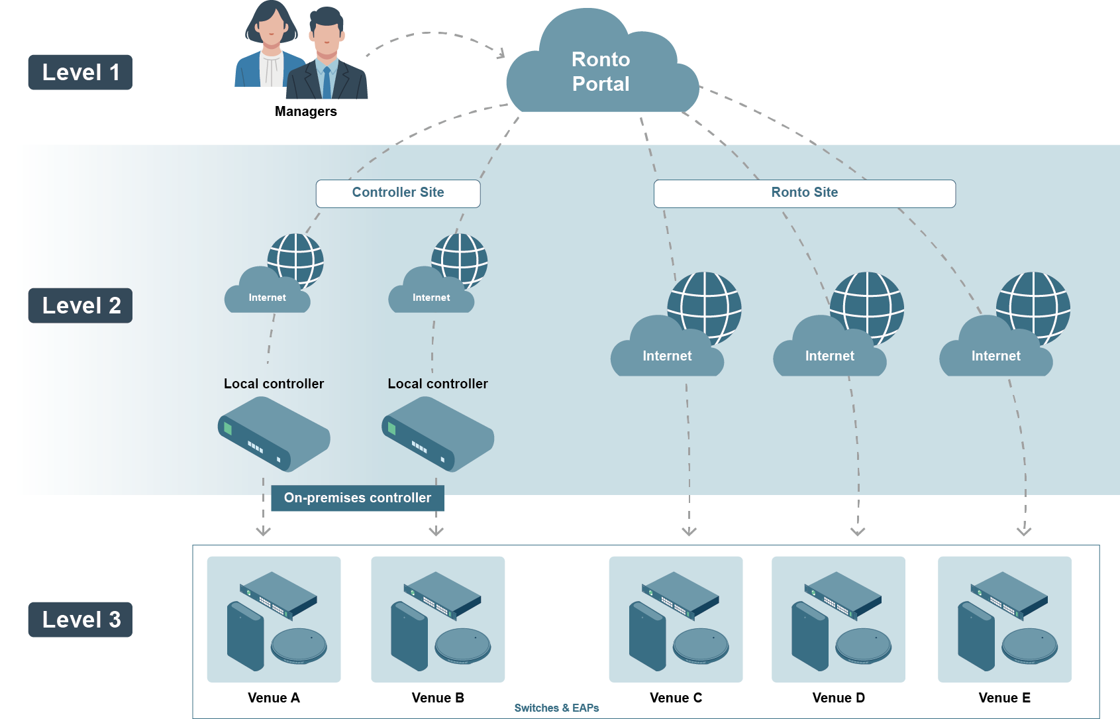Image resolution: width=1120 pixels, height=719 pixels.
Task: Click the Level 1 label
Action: tap(80, 72)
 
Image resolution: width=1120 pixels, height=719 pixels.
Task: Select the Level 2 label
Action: tap(80, 305)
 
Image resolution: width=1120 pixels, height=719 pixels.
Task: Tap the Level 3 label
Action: tap(80, 620)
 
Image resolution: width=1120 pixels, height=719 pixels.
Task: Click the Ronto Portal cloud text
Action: tap(601, 72)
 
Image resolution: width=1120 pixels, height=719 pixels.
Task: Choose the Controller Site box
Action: tap(398, 193)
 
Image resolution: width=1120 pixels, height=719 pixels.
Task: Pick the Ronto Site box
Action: tap(804, 193)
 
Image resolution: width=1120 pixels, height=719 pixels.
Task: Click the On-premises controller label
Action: tap(358, 498)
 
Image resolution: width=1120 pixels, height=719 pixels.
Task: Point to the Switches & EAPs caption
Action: tap(556, 708)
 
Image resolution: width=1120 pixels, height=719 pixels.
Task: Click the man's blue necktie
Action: tap(326, 82)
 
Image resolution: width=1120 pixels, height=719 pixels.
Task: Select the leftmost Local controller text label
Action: tap(274, 384)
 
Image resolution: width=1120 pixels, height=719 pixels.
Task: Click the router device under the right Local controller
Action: tap(438, 434)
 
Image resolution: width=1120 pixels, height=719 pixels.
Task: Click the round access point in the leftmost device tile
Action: tap(299, 645)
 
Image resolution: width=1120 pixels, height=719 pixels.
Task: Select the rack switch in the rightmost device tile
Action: tap(1009, 594)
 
